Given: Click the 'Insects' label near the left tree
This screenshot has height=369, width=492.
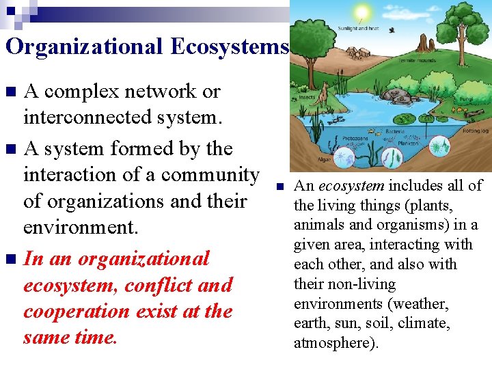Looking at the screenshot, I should [x=307, y=98].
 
